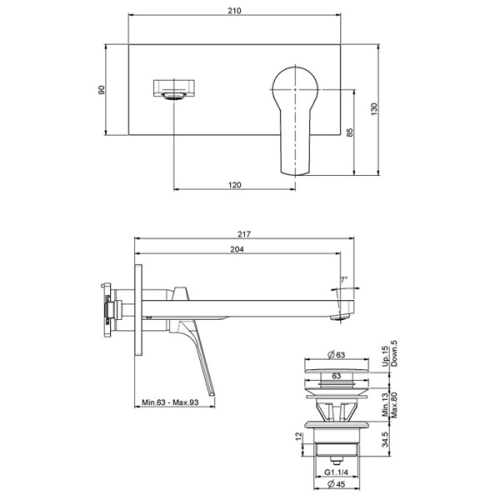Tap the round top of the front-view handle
(x=296, y=82)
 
